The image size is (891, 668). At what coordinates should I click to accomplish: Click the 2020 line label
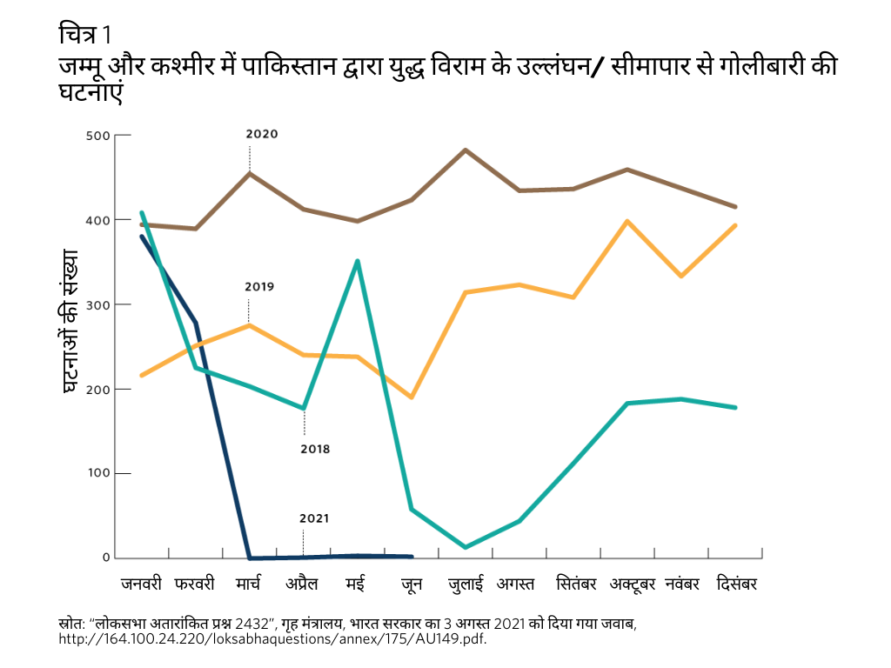[x=261, y=135]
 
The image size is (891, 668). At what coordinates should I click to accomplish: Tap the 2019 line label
[x=259, y=286]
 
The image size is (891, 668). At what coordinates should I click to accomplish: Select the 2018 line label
[x=315, y=450]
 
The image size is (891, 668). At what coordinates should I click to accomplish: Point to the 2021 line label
[x=314, y=518]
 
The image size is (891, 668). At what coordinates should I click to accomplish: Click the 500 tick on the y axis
[x=98, y=136]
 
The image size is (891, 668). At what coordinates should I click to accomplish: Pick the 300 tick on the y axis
[x=98, y=304]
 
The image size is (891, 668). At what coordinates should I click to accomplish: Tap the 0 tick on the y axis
[x=105, y=558]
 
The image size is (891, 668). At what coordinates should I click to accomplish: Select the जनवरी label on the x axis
[x=141, y=584]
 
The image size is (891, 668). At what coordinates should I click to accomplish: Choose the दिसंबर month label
[x=736, y=584]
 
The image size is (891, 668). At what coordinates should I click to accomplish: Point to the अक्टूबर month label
[x=633, y=584]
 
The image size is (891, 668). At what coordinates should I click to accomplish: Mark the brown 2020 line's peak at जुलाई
[x=466, y=150]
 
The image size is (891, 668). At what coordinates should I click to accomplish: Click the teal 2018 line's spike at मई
[x=358, y=261]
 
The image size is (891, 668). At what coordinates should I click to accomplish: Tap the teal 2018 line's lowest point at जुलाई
[x=466, y=547]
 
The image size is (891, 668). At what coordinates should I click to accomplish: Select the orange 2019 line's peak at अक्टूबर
[x=627, y=221]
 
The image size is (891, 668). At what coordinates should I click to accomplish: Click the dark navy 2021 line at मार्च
[x=250, y=558]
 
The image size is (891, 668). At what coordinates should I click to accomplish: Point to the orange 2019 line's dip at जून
[x=412, y=397]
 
